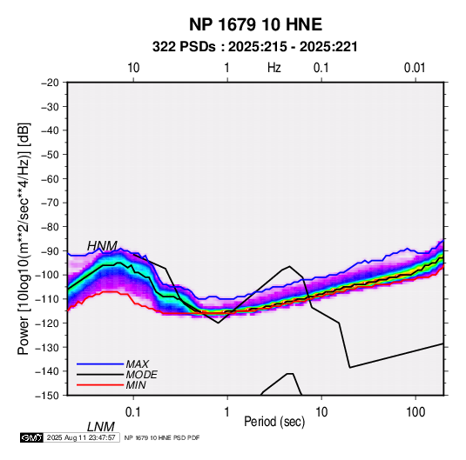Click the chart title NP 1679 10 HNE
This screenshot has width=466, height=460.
(x=255, y=24)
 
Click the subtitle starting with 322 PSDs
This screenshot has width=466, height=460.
(x=255, y=47)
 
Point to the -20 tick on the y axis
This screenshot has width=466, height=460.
(x=50, y=83)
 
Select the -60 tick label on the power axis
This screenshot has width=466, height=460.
(x=50, y=179)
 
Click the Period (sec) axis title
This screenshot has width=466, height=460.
(x=274, y=422)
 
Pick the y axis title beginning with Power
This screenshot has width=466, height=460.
(x=24, y=239)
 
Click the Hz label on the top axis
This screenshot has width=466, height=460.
(x=274, y=68)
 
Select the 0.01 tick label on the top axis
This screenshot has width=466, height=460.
(x=415, y=68)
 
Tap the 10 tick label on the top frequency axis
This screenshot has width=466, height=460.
(x=133, y=68)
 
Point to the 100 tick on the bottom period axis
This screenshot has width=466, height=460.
(x=415, y=412)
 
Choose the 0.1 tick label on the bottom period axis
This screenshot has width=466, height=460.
(x=132, y=412)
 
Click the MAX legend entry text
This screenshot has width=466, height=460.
(x=138, y=364)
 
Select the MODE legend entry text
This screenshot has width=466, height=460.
(x=141, y=375)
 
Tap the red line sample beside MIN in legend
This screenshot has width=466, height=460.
(x=100, y=385)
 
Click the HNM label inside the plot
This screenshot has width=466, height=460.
(x=102, y=246)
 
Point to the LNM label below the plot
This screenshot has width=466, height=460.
(x=101, y=427)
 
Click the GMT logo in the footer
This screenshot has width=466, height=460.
(x=32, y=437)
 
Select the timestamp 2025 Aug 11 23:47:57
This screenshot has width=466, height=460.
(x=81, y=437)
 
